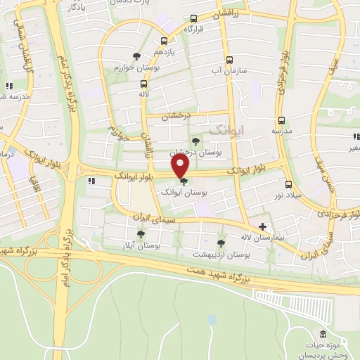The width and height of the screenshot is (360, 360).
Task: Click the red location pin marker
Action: pos(181,166)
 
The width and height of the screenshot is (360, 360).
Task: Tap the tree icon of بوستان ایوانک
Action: pos(184,182)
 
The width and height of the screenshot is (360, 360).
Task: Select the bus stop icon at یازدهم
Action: pos(164,41)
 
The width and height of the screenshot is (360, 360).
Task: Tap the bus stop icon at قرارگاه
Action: pos(193,20)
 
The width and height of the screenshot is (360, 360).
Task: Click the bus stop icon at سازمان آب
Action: pos(229,60)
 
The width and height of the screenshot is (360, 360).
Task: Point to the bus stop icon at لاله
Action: pos(143,84)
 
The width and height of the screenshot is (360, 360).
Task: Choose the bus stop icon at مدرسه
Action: pos(281,120)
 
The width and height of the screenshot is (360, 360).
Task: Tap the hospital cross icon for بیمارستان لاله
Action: pos(263,226)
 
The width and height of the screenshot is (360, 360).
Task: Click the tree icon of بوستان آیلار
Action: pos(141,234)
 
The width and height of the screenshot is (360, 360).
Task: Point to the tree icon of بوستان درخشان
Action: pos(195,141)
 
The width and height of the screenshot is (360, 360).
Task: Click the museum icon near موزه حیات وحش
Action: pos(322,333)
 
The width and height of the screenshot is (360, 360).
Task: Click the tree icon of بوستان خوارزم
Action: pos(136,56)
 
